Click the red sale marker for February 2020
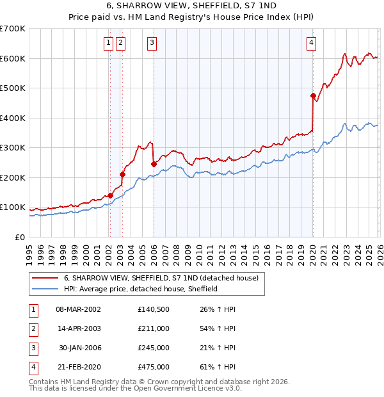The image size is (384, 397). pyautogui.click(x=313, y=96)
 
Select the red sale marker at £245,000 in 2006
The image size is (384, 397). pyautogui.click(x=154, y=164)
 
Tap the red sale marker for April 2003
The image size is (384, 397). pyautogui.click(x=122, y=174)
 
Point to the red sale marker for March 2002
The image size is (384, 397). pyautogui.click(x=110, y=195)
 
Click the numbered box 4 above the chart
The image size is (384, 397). pyautogui.click(x=311, y=43)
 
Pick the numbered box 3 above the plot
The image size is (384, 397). pyautogui.click(x=152, y=43)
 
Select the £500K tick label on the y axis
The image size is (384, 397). pyautogui.click(x=13, y=88)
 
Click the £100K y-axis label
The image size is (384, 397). pyautogui.click(x=13, y=207)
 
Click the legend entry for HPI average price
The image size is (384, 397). pyautogui.click(x=141, y=289)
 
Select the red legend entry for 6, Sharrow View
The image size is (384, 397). pyautogui.click(x=161, y=278)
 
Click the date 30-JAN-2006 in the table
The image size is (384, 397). pyautogui.click(x=80, y=348)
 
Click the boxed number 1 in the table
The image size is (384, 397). pyautogui.click(x=31, y=309)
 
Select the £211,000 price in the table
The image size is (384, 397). pyautogui.click(x=154, y=328)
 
